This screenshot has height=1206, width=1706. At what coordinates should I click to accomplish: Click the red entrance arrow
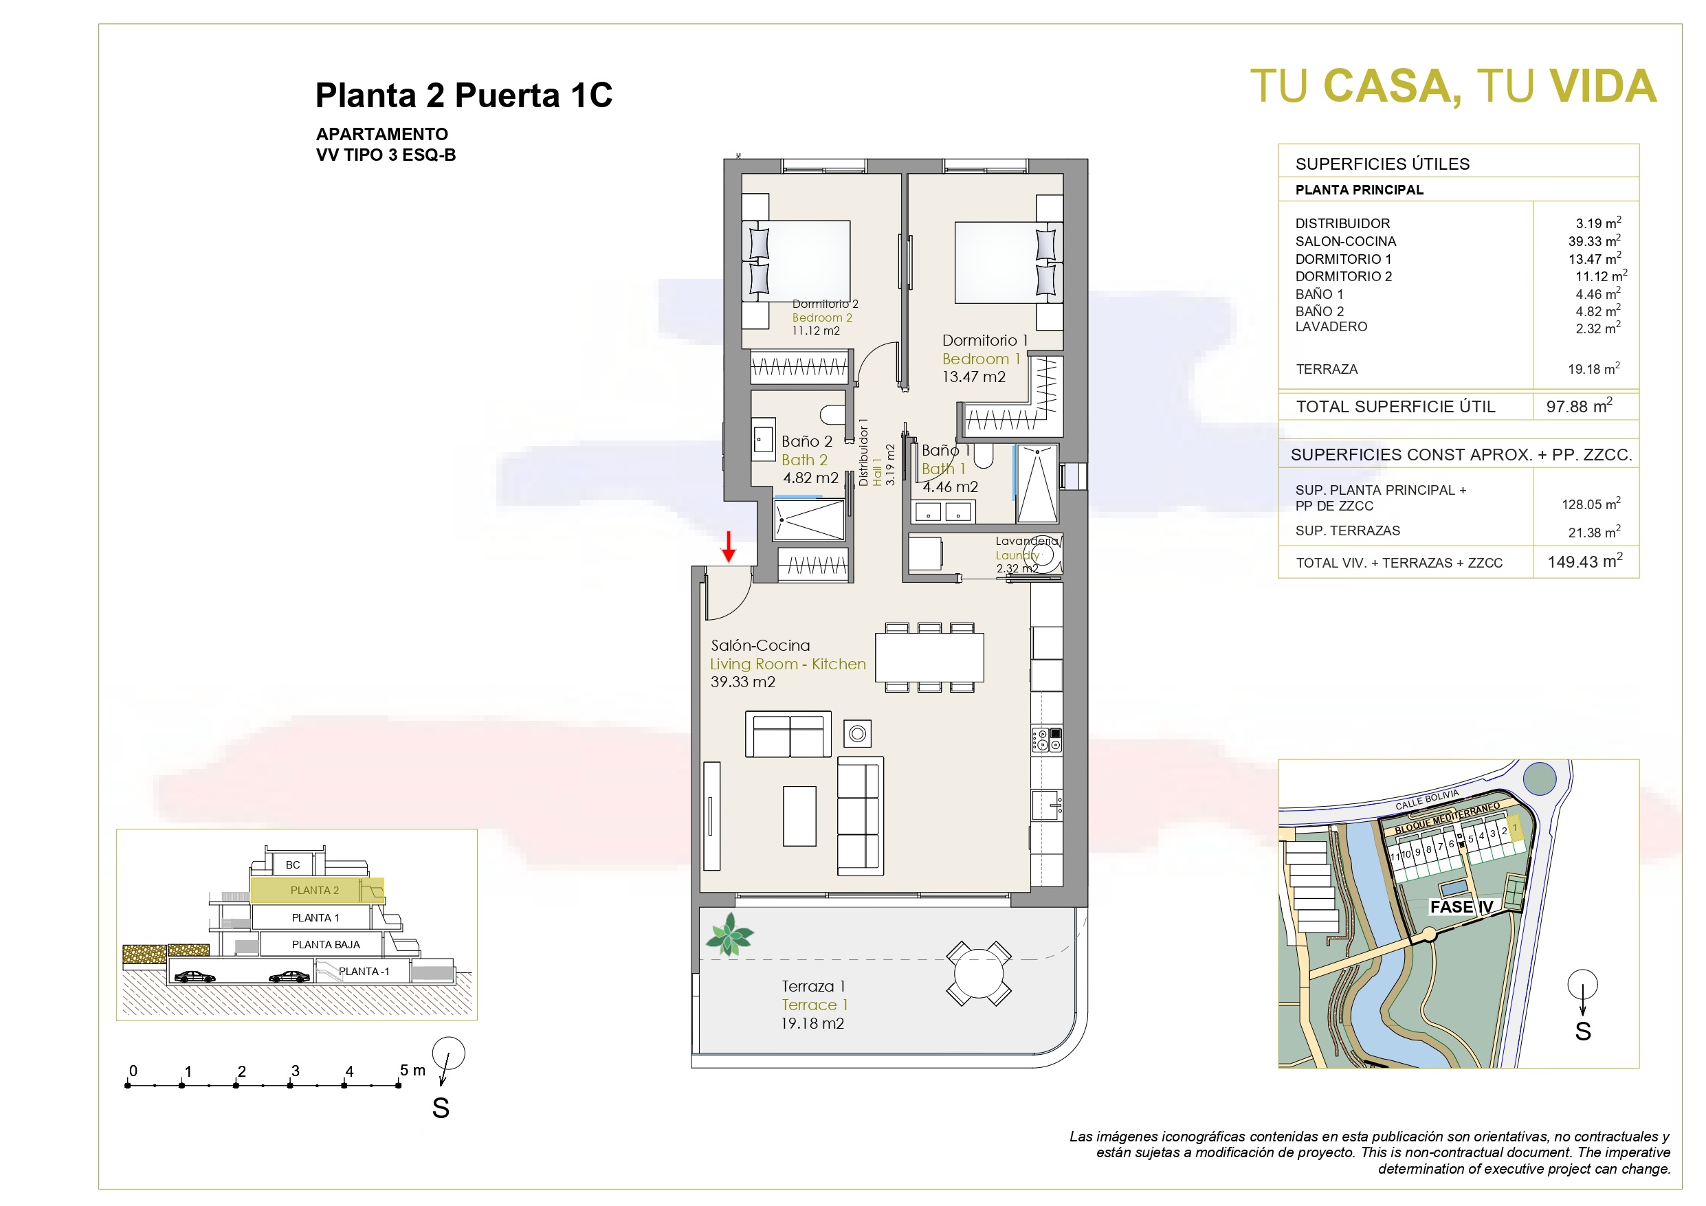tap(729, 546)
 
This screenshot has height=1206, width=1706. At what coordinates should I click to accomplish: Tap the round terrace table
tap(979, 974)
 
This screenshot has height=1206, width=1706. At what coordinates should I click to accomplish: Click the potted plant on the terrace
tap(730, 934)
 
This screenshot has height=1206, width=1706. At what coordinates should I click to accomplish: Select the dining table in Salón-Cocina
tap(929, 657)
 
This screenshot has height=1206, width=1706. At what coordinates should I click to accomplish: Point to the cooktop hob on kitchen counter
tap(1046, 739)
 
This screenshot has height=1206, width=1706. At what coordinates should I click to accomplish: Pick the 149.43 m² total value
tap(1585, 561)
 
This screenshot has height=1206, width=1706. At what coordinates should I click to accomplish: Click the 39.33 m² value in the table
tap(1595, 241)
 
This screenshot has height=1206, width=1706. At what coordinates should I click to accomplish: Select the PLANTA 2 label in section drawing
tap(314, 890)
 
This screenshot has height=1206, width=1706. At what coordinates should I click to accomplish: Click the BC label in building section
tap(293, 865)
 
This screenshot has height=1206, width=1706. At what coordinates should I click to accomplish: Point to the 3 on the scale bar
tap(295, 1071)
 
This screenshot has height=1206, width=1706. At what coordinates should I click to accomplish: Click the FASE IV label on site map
tap(1461, 906)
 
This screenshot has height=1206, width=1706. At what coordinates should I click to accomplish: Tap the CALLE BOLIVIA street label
tap(1427, 800)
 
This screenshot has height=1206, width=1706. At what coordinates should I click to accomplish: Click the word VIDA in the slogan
tap(1604, 86)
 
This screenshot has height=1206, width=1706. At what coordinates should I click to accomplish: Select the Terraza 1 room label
tap(813, 986)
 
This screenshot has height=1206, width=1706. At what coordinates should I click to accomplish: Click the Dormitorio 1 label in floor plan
tap(984, 340)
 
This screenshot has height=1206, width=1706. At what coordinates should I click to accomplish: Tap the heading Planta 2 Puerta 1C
tap(464, 95)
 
